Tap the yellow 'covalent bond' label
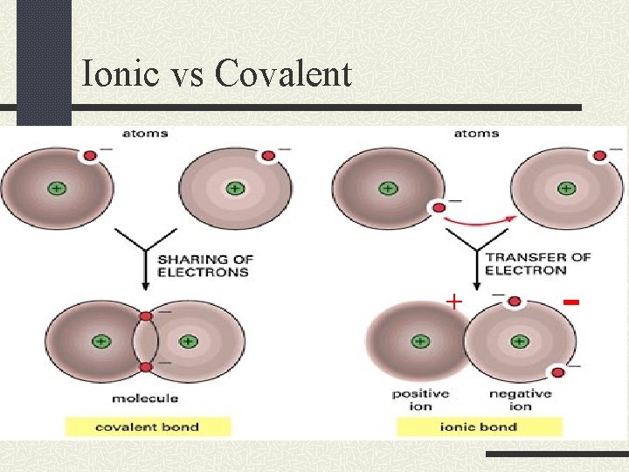point(148,427)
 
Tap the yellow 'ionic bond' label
point(479,427)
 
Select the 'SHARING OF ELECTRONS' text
point(204,266)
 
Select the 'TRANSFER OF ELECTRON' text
point(537,263)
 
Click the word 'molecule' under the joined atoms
point(145,399)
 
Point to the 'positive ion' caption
point(420,399)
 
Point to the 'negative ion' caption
point(520,399)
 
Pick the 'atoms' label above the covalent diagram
point(146,134)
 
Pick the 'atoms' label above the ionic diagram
point(477,134)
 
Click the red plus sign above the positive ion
point(453,302)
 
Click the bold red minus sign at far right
point(572,302)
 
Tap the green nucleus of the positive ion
point(420,342)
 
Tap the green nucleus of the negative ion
point(520,342)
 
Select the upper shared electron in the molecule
point(146,316)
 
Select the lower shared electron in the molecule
point(146,367)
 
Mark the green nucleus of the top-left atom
point(57,188)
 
